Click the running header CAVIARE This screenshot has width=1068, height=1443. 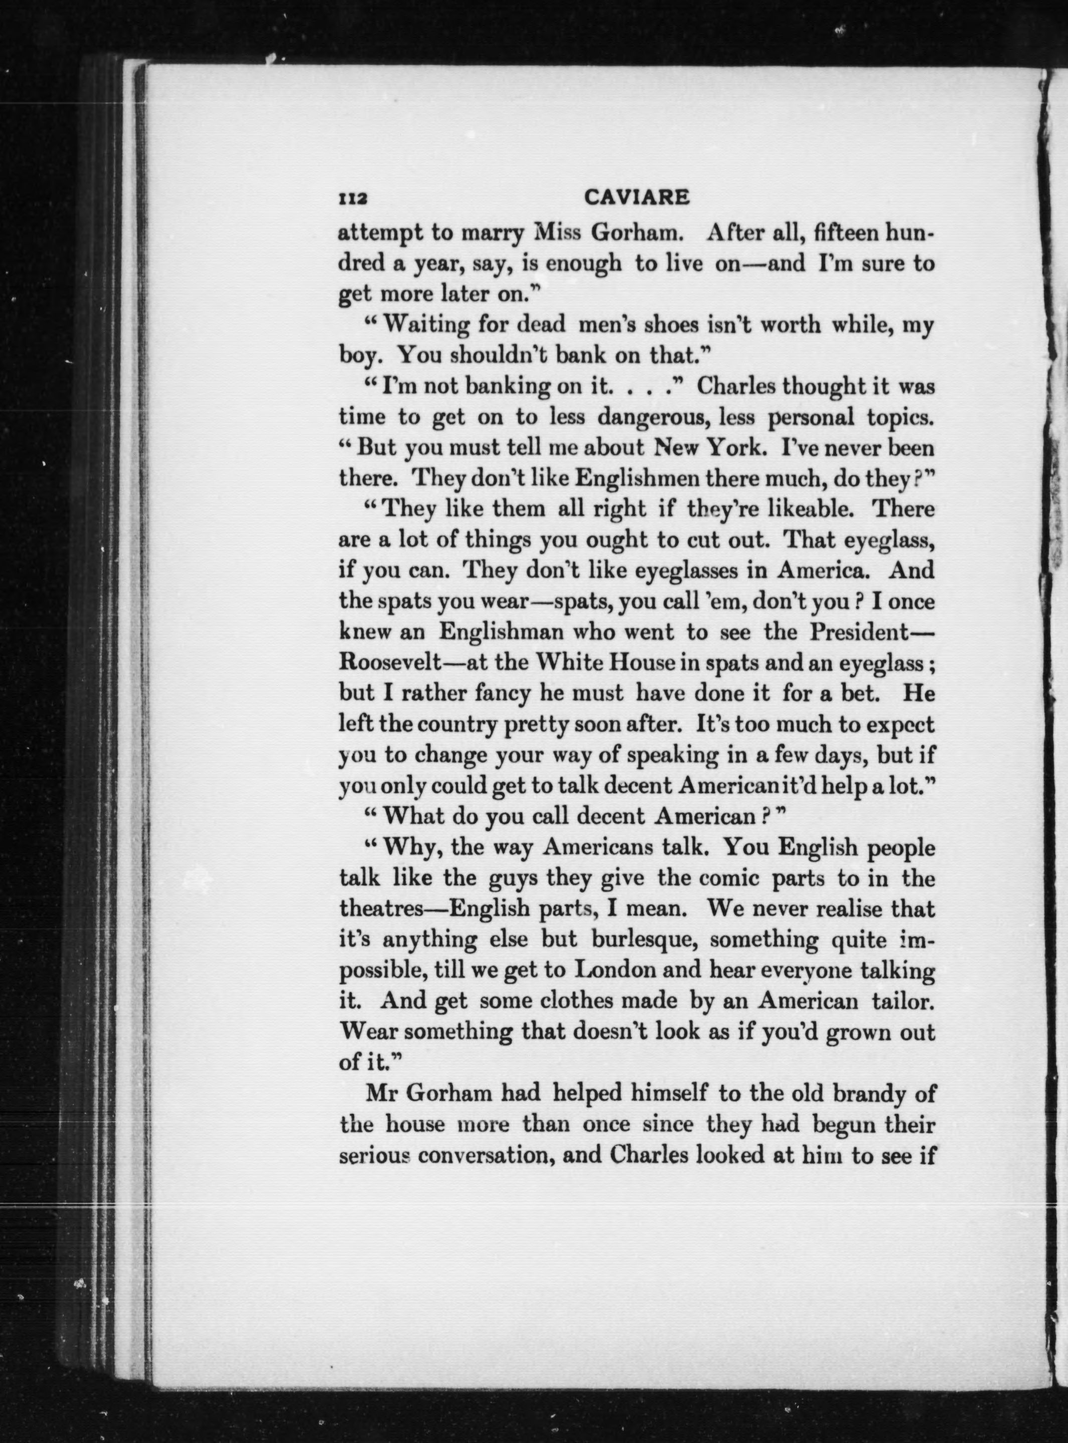point(636,197)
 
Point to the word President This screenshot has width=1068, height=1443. point(857,631)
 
